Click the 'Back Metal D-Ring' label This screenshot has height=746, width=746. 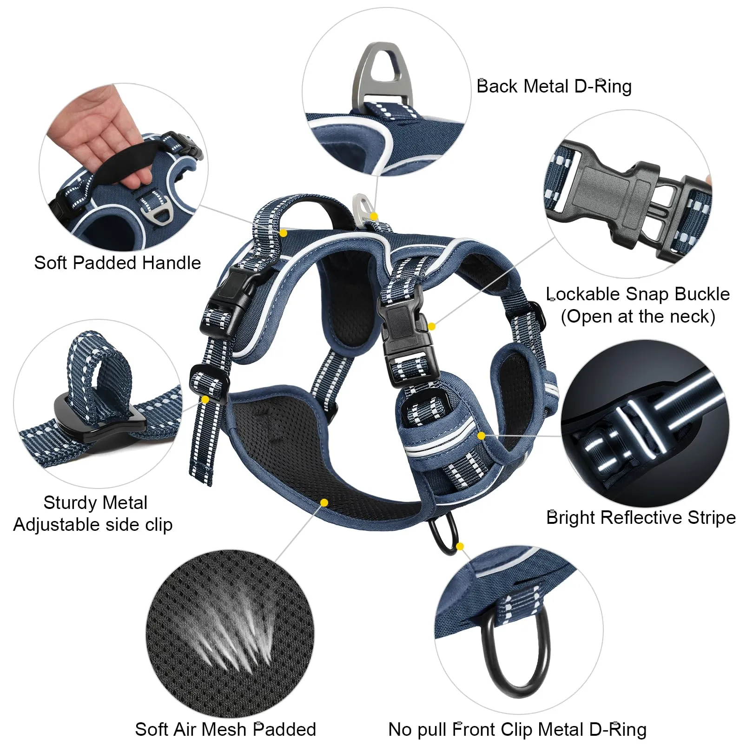point(554,86)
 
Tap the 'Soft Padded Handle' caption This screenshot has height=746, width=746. point(118,263)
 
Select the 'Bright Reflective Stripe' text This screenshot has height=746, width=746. point(641,517)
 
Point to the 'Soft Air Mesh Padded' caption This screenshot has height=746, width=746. point(225,729)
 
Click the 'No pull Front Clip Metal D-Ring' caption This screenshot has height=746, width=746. point(517,730)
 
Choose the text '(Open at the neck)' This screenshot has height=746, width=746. point(638,317)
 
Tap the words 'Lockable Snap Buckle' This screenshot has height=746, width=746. point(638,294)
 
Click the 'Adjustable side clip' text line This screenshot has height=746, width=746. point(93,525)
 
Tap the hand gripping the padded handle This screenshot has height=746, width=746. point(100,139)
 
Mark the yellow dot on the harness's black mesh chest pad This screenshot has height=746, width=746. point(324,502)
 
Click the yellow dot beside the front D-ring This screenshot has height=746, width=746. point(460,546)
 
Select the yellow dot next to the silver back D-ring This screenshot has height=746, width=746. point(374,216)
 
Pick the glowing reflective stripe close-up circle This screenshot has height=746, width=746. point(645,423)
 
